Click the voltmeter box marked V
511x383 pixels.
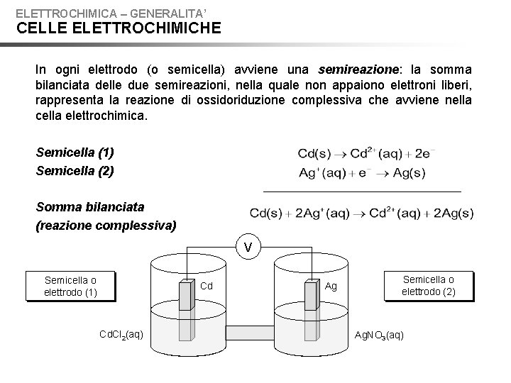tap(248, 247)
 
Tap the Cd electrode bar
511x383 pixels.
tap(186, 294)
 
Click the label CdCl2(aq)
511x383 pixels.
tap(120, 334)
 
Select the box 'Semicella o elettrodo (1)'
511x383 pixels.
tap(70, 286)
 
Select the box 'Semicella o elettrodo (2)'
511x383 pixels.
tap(429, 285)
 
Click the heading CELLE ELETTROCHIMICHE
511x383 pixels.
tap(119, 28)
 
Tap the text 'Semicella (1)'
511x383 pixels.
tap(75, 152)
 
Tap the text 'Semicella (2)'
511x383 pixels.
tap(75, 170)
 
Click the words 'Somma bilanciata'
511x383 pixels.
tap(90, 207)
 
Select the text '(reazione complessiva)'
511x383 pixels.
tap(106, 226)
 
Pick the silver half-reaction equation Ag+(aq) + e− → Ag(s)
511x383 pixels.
tap(361, 172)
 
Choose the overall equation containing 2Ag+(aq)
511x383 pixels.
tap(361, 213)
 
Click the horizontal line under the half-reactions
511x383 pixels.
tap(361, 191)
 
